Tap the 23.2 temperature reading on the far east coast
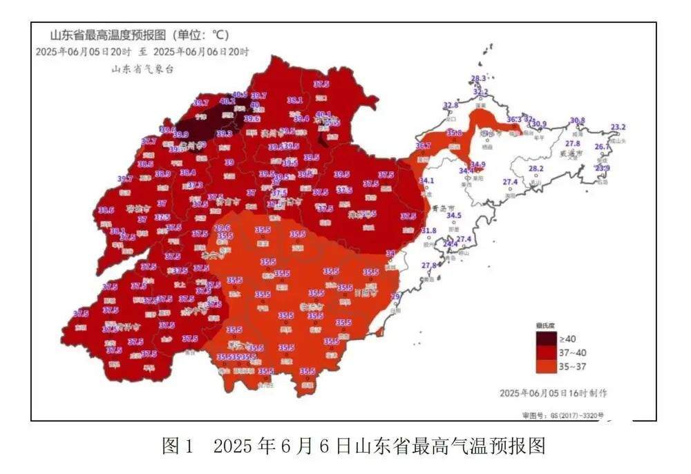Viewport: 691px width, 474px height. (x=618, y=127)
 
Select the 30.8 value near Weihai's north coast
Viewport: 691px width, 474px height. (x=577, y=120)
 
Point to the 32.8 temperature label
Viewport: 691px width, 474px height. (x=451, y=106)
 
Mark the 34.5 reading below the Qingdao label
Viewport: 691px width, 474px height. (x=453, y=216)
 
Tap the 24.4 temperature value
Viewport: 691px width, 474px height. (x=450, y=244)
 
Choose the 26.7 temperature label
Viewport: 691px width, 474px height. (x=603, y=146)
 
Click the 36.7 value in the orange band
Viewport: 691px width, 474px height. (x=423, y=146)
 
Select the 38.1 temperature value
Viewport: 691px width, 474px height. (x=295, y=100)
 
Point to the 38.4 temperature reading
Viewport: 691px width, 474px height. (x=188, y=173)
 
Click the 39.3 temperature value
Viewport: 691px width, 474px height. (x=224, y=134)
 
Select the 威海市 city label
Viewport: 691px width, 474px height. (x=571, y=153)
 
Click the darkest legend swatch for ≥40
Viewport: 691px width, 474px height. (x=546, y=339)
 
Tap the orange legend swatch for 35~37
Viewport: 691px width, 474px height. (x=546, y=366)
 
